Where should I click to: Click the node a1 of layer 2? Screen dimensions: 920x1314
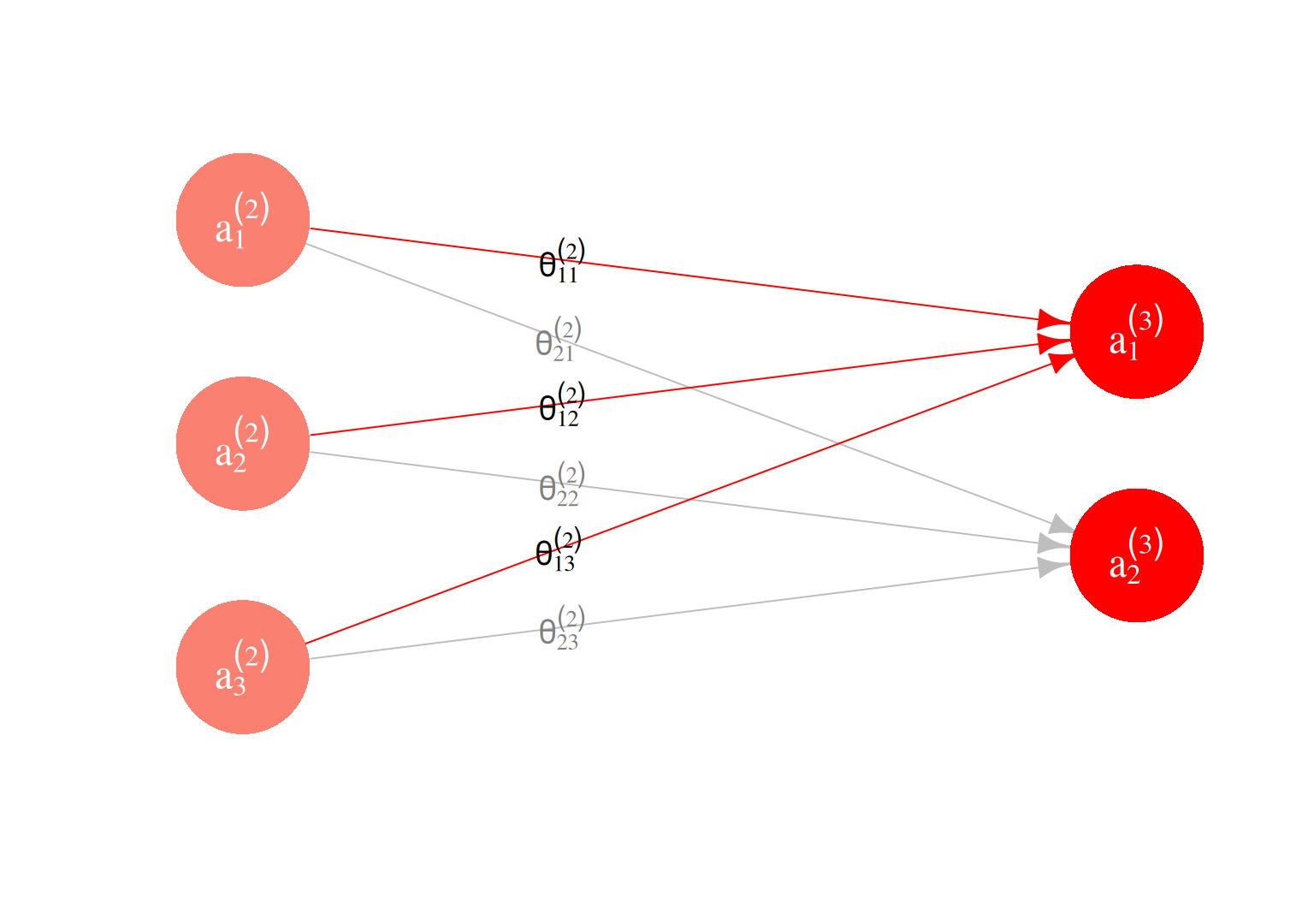[x=243, y=220]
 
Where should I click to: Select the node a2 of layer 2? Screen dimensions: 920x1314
[x=243, y=443]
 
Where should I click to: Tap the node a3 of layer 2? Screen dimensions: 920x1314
[x=243, y=667]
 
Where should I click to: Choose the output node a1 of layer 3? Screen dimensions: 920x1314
[x=1136, y=331]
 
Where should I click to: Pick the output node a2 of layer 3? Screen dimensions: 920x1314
[x=1136, y=555]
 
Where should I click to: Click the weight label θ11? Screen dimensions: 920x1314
[x=561, y=260]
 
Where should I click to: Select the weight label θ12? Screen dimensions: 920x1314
[x=561, y=404]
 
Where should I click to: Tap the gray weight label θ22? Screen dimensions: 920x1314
[x=561, y=484]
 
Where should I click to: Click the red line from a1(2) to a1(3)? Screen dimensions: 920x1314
[x=770, y=286]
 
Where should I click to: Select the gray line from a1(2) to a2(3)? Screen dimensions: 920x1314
[x=428, y=289]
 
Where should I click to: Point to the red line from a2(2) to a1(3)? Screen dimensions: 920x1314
[x=770, y=377]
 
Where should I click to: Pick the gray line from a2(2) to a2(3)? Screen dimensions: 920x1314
[x=770, y=510]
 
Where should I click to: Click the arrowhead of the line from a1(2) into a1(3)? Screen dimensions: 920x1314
[x=1053, y=322]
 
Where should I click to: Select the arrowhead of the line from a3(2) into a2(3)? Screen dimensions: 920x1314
[x=1053, y=566]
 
